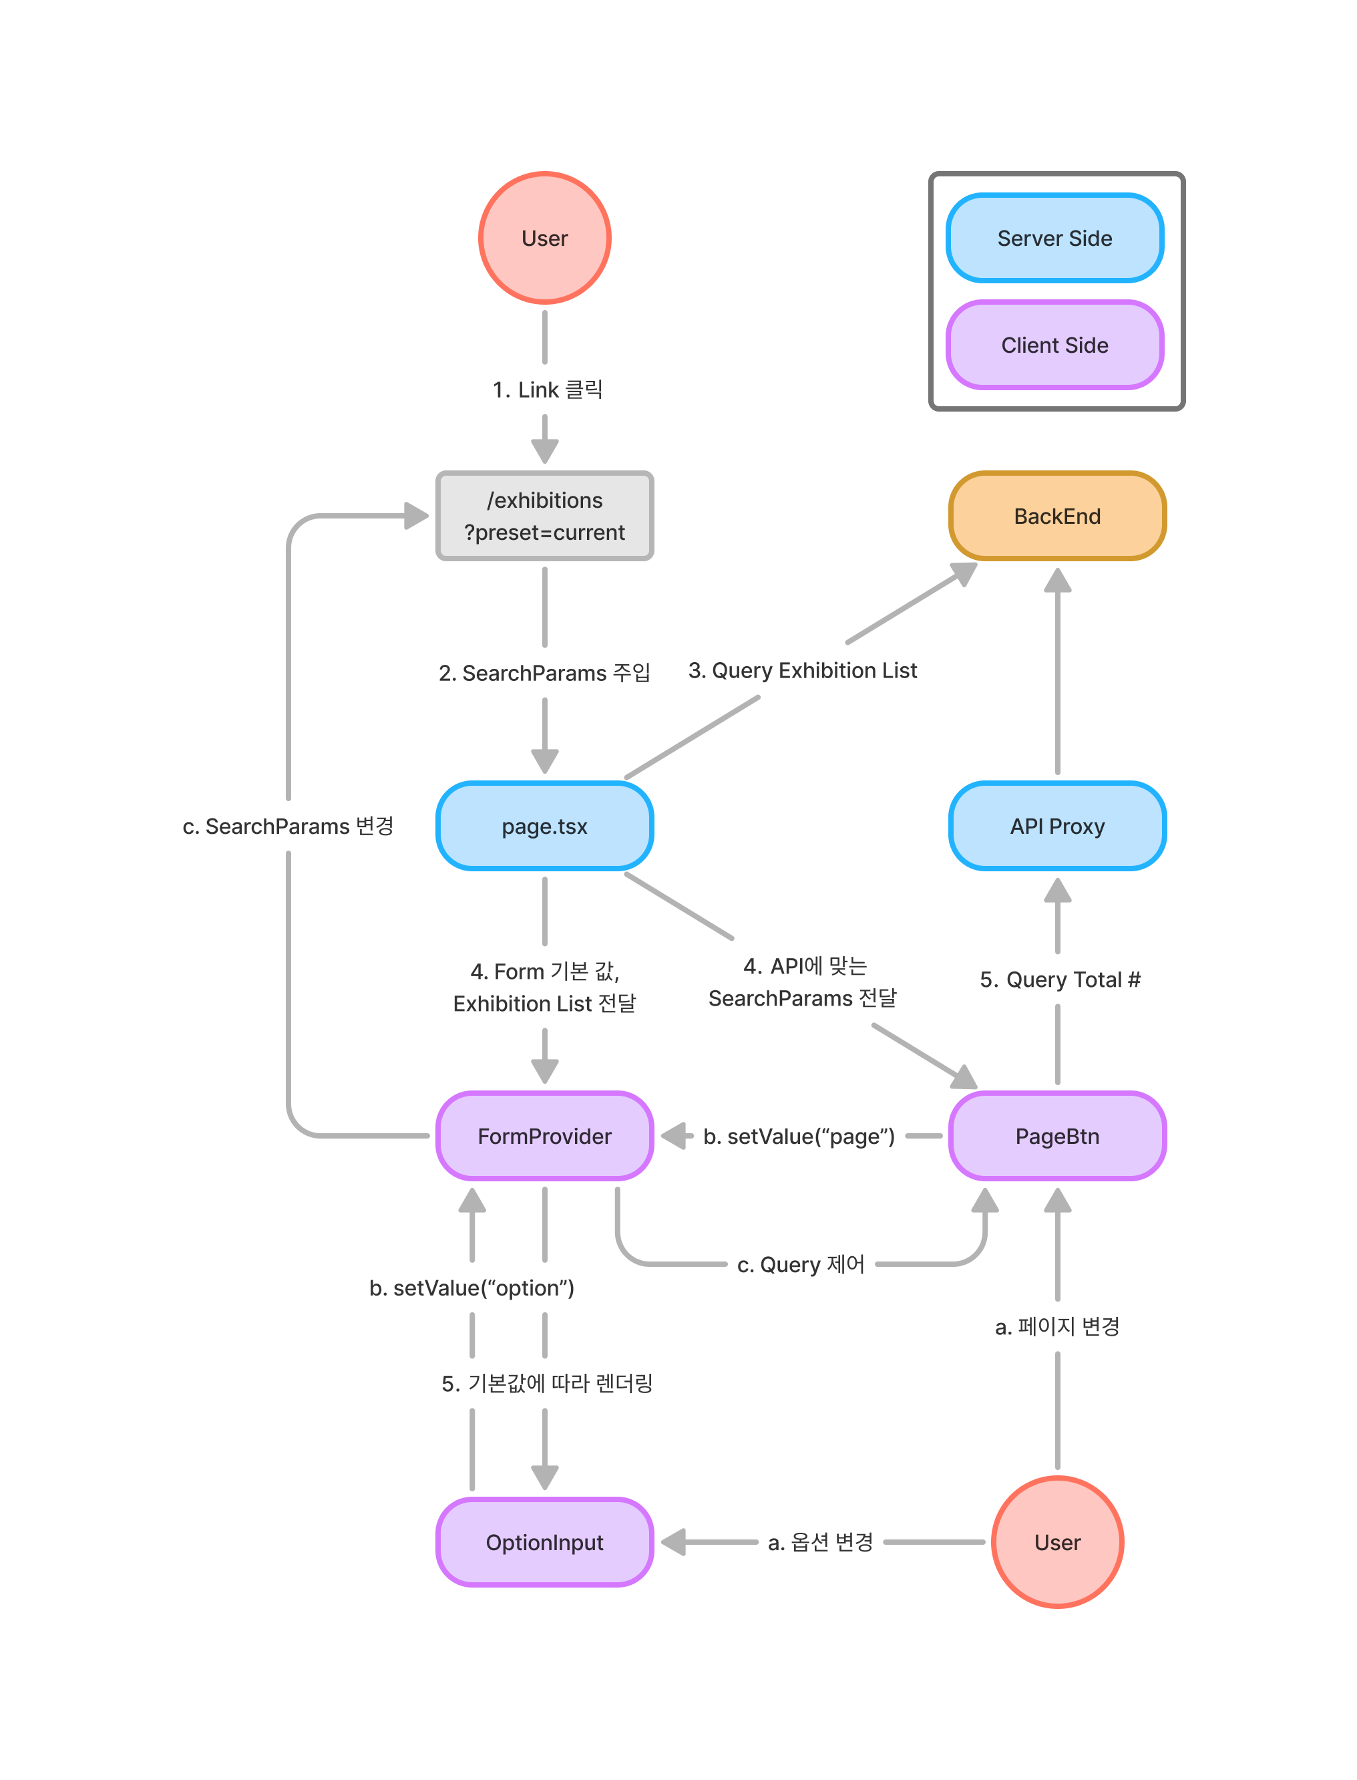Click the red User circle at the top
(x=544, y=238)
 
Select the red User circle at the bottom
(x=1056, y=1541)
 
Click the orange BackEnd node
(x=1056, y=516)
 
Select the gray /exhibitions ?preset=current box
(x=544, y=516)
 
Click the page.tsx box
(x=544, y=826)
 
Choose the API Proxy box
(x=1056, y=826)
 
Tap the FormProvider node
(x=544, y=1136)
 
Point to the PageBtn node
(x=1056, y=1136)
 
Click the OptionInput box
(x=544, y=1541)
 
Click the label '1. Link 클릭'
(x=548, y=390)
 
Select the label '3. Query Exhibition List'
(x=802, y=671)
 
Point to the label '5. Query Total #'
(x=1060, y=980)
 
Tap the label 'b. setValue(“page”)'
(x=799, y=1136)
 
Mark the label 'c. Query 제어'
(x=801, y=1264)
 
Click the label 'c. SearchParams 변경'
(x=288, y=826)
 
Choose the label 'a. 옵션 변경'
(x=820, y=1541)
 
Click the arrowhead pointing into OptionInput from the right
(x=674, y=1541)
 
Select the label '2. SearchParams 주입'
(x=544, y=672)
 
